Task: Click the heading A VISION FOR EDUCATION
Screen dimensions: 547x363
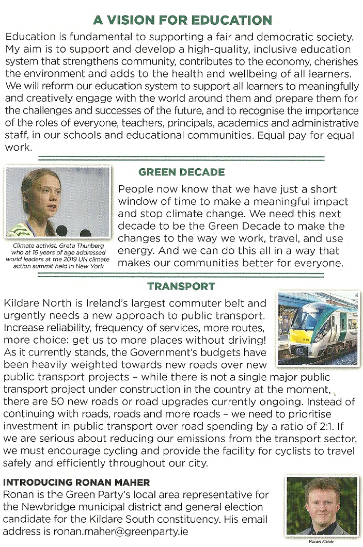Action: coord(182,20)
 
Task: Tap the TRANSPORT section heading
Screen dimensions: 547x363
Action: coord(181,286)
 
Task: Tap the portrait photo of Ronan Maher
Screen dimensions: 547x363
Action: coord(321,506)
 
